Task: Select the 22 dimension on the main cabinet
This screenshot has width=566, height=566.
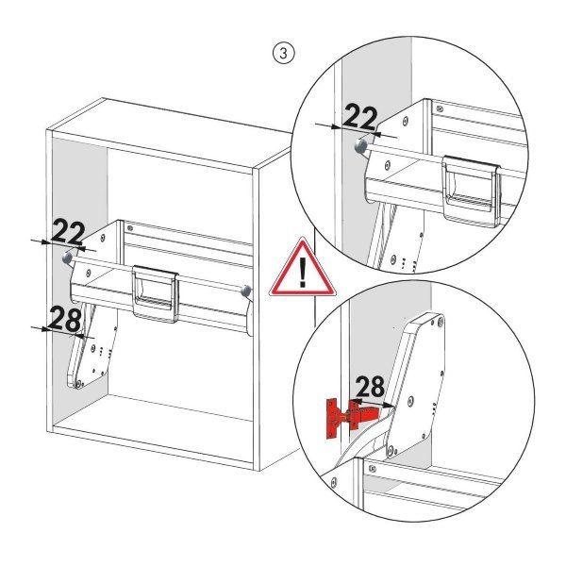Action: [69, 232]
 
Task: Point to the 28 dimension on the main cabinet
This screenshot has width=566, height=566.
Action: [63, 320]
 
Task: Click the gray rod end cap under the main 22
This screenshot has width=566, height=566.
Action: [67, 258]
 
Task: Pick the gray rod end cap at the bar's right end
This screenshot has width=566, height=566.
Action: [246, 291]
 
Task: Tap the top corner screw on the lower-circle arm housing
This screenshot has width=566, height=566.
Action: [441, 325]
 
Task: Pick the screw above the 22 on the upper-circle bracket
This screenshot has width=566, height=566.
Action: [405, 122]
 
